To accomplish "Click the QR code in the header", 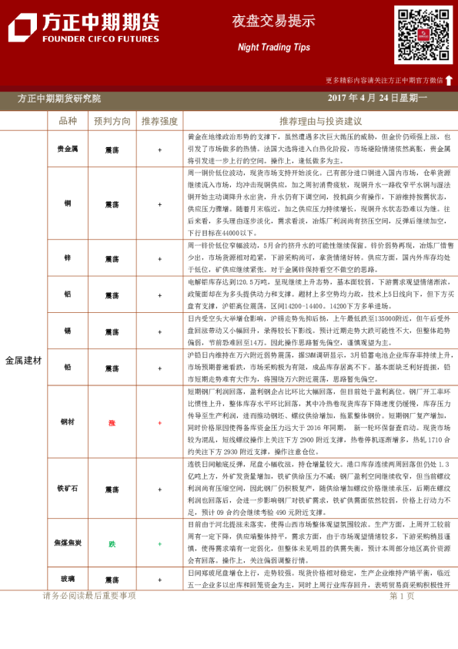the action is (x=423, y=35).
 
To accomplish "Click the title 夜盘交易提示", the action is (x=269, y=21).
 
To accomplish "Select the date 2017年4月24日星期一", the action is (x=377, y=99).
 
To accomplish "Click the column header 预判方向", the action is (x=112, y=121).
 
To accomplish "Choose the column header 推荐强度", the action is (x=159, y=121).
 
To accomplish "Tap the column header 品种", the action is (x=68, y=121).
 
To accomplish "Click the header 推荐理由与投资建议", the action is (x=320, y=121).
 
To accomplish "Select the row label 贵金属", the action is (x=68, y=149).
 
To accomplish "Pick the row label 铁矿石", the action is (x=68, y=489).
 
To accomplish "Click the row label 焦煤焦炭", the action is (x=68, y=544).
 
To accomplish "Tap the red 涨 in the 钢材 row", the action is (x=112, y=423).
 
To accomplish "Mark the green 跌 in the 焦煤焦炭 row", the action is (x=112, y=544).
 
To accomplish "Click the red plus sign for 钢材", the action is (x=159, y=423).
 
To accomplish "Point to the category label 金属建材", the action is (x=24, y=360).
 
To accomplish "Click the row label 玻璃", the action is (x=68, y=580).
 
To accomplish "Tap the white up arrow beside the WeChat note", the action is (x=449, y=79).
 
